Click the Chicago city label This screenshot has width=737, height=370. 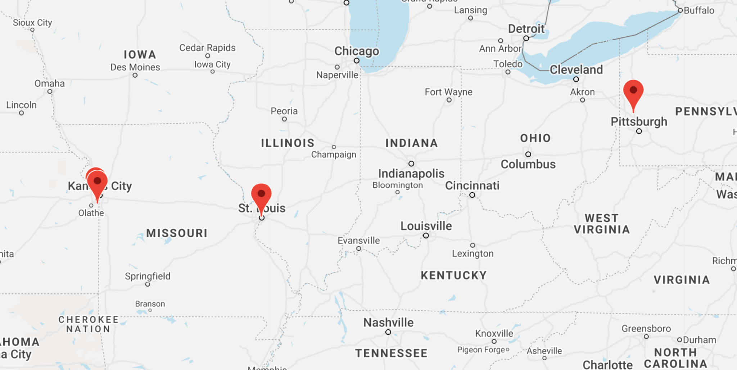click(356, 51)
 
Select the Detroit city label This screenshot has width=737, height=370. click(526, 29)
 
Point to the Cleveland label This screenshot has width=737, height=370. click(576, 69)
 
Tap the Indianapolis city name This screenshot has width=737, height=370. click(411, 174)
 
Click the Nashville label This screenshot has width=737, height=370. click(388, 323)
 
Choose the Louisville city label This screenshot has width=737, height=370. click(426, 226)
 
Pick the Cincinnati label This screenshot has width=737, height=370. click(472, 186)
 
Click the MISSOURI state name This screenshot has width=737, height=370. click(177, 233)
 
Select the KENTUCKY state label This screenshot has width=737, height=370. click(453, 275)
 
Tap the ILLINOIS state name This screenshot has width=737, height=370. click(288, 143)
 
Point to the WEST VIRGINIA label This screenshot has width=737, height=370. click(602, 224)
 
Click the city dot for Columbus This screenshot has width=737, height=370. click(528, 154)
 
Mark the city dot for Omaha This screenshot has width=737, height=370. click(50, 91)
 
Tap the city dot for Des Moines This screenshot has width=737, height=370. click(135, 75)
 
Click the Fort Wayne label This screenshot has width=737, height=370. click(448, 92)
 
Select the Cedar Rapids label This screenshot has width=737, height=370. click(207, 48)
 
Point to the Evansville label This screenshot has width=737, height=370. click(358, 241)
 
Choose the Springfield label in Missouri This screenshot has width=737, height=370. click(148, 276)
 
